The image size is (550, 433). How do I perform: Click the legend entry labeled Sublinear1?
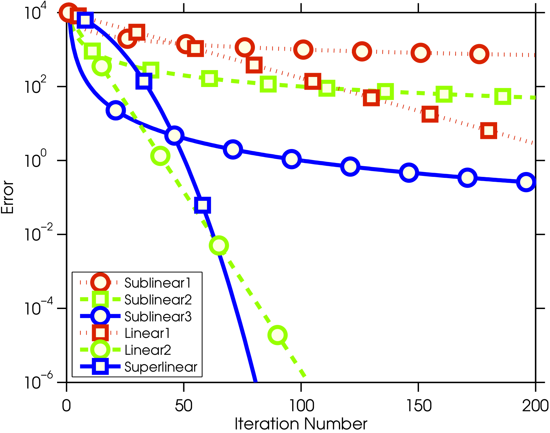coord(158,283)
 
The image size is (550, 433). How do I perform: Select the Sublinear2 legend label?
coord(158,300)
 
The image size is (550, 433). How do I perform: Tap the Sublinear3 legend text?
coord(158,316)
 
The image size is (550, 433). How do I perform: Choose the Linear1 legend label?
coord(147,333)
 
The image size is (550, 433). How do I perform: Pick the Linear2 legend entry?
coord(148,350)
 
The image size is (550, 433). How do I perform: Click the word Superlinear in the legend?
coord(161,367)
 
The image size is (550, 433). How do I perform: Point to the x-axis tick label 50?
coord(184,406)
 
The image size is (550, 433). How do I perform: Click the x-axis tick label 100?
coord(301,406)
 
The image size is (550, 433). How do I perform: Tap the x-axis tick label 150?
coord(419,406)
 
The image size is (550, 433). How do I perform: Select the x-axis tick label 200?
coord(535,406)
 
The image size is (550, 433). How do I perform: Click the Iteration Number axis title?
coord(301,424)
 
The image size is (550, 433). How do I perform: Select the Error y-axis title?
coord(8,197)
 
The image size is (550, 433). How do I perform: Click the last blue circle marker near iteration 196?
coord(526,182)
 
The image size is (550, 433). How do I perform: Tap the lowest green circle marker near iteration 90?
coord(278,335)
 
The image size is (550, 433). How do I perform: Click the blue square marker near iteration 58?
coord(202,205)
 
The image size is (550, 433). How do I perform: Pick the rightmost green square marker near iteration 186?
coord(503,96)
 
